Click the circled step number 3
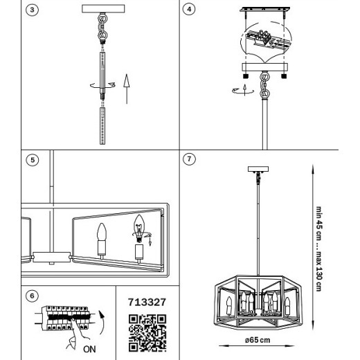pos(32,10)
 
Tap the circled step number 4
pos(189,9)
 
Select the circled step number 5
pos(33,160)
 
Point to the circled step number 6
pos(32,296)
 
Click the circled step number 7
pos(189,159)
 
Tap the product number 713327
pos(147,302)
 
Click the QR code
pos(147,333)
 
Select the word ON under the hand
pos(89,349)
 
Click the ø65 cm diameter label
pos(258,340)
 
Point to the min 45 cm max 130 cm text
pos(318,249)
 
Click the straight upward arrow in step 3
pos(127,89)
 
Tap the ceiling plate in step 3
pos(103,9)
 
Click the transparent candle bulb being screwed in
pos(139,228)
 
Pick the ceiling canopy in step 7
pos(258,169)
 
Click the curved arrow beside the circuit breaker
pos(102,322)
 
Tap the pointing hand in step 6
pos(76,334)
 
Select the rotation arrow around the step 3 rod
pos(102,85)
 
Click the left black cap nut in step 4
pos(246,76)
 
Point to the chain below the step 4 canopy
pos(264,84)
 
